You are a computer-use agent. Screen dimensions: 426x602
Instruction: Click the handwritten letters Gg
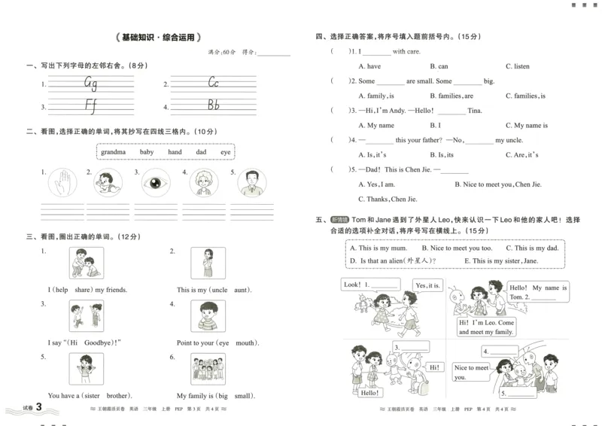[90, 83]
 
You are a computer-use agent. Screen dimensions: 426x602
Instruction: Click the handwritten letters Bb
[213, 105]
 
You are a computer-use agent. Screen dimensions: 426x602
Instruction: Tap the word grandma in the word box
[114, 152]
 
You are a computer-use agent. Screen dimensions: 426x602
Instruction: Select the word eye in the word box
[225, 152]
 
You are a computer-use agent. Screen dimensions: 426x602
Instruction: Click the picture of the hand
[62, 183]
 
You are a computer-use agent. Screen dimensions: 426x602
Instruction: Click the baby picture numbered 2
[108, 183]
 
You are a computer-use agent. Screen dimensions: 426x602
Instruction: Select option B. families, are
[451, 96]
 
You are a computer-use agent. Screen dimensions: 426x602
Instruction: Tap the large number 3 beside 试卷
[31, 408]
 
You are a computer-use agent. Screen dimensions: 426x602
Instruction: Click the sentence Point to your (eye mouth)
[217, 342]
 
